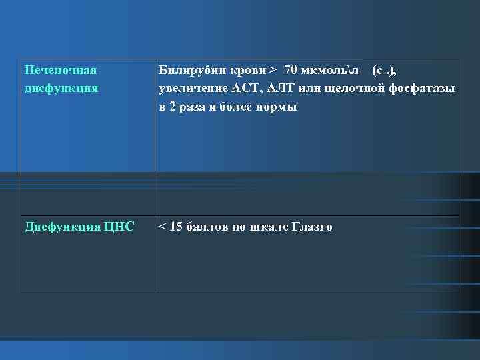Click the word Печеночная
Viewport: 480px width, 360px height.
tap(61, 71)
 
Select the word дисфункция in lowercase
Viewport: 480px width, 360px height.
tap(61, 87)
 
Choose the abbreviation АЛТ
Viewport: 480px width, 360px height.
tap(282, 88)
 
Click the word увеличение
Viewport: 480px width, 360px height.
tap(190, 88)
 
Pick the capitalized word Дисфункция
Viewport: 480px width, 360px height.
tap(61, 227)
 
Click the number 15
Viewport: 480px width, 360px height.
tap(177, 227)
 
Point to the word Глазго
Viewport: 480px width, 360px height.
tap(311, 227)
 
